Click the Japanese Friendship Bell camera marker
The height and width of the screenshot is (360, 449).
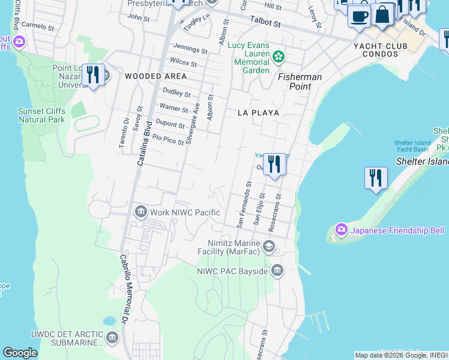click(x=342, y=230)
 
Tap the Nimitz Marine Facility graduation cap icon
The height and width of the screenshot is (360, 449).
click(x=268, y=246)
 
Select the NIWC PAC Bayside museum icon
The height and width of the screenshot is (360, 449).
click(x=277, y=271)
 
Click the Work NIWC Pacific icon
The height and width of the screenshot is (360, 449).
click(x=141, y=212)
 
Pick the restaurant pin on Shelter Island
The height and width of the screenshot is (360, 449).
click(x=376, y=178)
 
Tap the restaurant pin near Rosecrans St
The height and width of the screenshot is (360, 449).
click(x=274, y=164)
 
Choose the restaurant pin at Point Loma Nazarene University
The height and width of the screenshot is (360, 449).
click(x=93, y=75)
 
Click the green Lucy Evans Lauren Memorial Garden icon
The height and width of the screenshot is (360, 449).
click(x=278, y=57)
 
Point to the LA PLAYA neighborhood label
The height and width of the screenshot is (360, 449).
click(x=255, y=112)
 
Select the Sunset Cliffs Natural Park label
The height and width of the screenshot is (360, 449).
click(x=41, y=115)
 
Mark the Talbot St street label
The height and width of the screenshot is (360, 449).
click(x=265, y=22)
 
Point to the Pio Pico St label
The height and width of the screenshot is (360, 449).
click(x=167, y=139)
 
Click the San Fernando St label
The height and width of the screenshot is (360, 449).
click(x=243, y=205)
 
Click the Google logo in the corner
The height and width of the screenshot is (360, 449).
click(x=20, y=353)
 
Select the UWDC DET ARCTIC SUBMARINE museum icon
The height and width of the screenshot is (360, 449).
click(x=112, y=338)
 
